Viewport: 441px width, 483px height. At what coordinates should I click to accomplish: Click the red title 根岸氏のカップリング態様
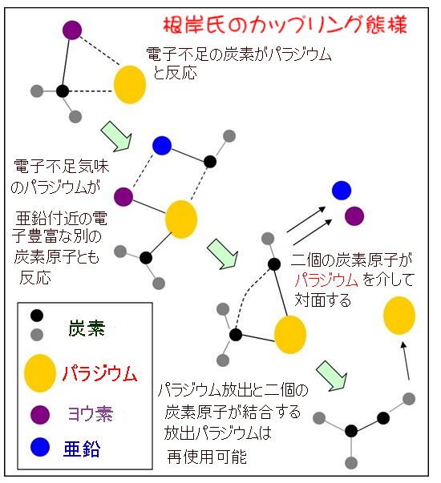pos(285,25)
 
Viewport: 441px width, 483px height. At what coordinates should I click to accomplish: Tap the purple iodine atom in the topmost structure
pos(72,30)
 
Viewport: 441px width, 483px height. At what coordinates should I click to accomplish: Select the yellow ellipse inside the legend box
pos(40,373)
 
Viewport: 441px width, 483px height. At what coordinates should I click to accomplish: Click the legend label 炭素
pos(87,328)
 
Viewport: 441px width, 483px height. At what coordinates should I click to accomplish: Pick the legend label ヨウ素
pos(91,413)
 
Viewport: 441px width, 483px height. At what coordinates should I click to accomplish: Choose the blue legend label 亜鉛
pos(82,449)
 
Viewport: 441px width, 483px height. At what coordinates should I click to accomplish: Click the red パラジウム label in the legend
pos(99,373)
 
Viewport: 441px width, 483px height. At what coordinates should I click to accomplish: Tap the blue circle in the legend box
pos(40,447)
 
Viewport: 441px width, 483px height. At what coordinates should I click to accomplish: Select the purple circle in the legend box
pos(40,415)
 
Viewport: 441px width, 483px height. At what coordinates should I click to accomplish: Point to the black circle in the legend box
pos(37,316)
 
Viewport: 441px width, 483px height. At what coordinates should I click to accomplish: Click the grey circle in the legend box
pos(37,335)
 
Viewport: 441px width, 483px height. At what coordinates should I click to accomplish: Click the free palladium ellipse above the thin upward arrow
pos(399,316)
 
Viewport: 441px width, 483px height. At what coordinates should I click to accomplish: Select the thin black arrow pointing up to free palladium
pos(406,360)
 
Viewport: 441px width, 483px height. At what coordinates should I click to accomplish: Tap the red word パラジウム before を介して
pos(326,280)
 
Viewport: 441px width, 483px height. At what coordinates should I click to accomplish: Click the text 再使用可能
pos(207,457)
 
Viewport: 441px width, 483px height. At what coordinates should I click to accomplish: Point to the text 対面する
pos(323,300)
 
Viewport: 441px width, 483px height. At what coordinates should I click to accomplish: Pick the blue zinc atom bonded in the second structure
pos(162,146)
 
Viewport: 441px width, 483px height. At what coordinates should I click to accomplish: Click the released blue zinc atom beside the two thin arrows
pos(342,191)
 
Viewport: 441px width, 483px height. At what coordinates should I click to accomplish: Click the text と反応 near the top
pos(175,73)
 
